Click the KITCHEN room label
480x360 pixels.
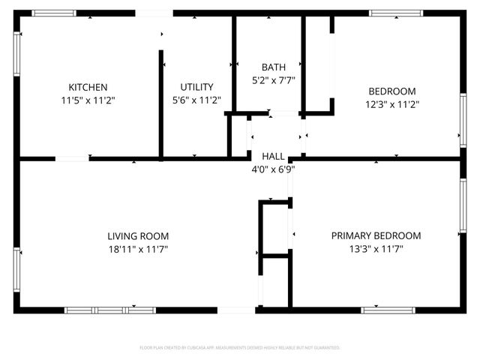(x=88, y=87)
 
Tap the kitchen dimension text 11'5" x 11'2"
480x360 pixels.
(x=88, y=99)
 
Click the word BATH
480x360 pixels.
(x=273, y=67)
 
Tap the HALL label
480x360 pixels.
(x=273, y=157)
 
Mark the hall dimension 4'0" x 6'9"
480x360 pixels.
(x=273, y=169)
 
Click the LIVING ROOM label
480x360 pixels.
(x=138, y=235)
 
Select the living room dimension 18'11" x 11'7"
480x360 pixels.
(x=138, y=248)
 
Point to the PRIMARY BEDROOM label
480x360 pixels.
(x=376, y=235)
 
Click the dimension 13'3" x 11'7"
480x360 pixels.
(x=376, y=248)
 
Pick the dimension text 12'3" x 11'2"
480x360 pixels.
(x=391, y=105)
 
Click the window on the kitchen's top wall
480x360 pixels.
(x=54, y=13)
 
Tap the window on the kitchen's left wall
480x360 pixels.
(x=16, y=54)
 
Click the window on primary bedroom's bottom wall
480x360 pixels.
(x=388, y=310)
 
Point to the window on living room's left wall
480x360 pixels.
(x=16, y=268)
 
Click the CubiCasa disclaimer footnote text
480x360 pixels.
(x=240, y=348)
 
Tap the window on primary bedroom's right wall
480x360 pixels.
(x=463, y=205)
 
